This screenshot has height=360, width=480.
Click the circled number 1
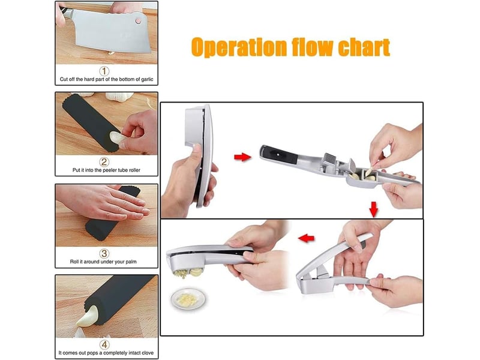pyautogui.click(x=104, y=71)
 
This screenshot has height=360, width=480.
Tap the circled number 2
pyautogui.click(x=104, y=161)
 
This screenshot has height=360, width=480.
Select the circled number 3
pyautogui.click(x=104, y=253)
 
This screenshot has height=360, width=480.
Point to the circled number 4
pyautogui.click(x=104, y=344)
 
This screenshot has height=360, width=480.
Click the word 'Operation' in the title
pyautogui.click(x=239, y=47)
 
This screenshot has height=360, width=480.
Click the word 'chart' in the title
pyautogui.click(x=364, y=47)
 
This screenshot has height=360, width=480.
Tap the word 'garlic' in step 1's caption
pyautogui.click(x=147, y=79)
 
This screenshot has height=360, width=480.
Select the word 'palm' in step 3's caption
pyautogui.click(x=131, y=262)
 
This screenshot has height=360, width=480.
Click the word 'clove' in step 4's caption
pyautogui.click(x=147, y=353)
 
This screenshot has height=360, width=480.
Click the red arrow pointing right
pyautogui.click(x=242, y=157)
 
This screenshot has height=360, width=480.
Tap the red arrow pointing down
pyautogui.click(x=373, y=209)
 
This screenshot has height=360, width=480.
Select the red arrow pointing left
pyautogui.click(x=307, y=238)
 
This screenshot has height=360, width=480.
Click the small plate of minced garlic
pyautogui.click(x=188, y=298)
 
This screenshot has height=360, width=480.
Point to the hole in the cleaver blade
pyautogui.click(x=139, y=21)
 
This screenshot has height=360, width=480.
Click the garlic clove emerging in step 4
pyautogui.click(x=88, y=317)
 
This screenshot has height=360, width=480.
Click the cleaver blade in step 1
pyautogui.click(x=111, y=31)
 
